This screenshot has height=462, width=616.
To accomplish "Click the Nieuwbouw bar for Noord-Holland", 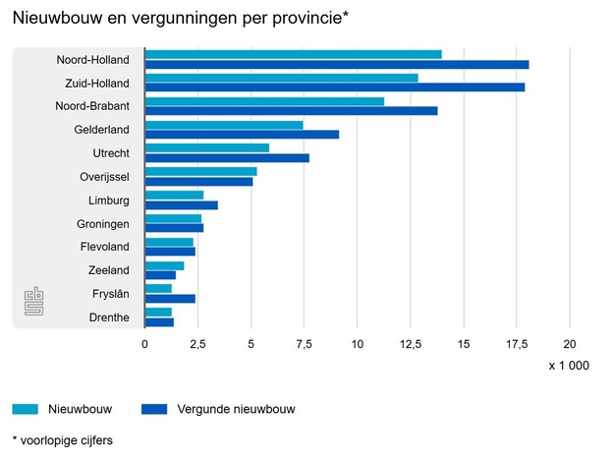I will (293, 54).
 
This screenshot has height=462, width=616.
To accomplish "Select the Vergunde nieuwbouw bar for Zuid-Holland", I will (334, 87).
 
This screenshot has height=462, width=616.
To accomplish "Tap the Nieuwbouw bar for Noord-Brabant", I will (264, 100).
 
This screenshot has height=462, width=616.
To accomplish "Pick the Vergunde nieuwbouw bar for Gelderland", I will (242, 134).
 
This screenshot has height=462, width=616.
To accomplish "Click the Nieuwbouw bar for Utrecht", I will (206, 147).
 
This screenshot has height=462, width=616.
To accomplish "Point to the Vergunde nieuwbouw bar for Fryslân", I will (170, 299).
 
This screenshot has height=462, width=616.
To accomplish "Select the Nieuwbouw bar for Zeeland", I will (164, 265).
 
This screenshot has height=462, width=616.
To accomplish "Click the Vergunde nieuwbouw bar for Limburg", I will (181, 205).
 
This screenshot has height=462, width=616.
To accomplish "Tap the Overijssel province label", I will (104, 177).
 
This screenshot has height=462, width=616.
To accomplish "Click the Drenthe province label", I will (108, 317).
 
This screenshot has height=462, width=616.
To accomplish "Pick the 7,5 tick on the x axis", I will (304, 345).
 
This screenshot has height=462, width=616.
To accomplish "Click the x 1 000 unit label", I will (569, 366).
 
